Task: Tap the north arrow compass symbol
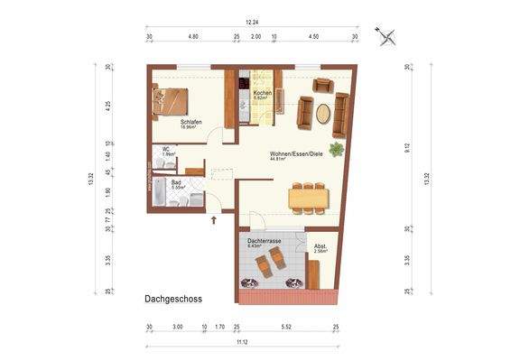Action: [389, 37]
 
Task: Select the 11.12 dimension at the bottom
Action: [243, 344]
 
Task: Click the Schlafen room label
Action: [190, 122]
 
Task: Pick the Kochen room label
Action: [262, 94]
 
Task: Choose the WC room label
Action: [166, 150]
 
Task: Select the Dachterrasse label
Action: [263, 242]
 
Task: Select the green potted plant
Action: [337, 149]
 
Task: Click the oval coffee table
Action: [323, 114]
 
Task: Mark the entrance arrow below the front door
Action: [214, 218]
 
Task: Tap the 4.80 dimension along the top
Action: [192, 37]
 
